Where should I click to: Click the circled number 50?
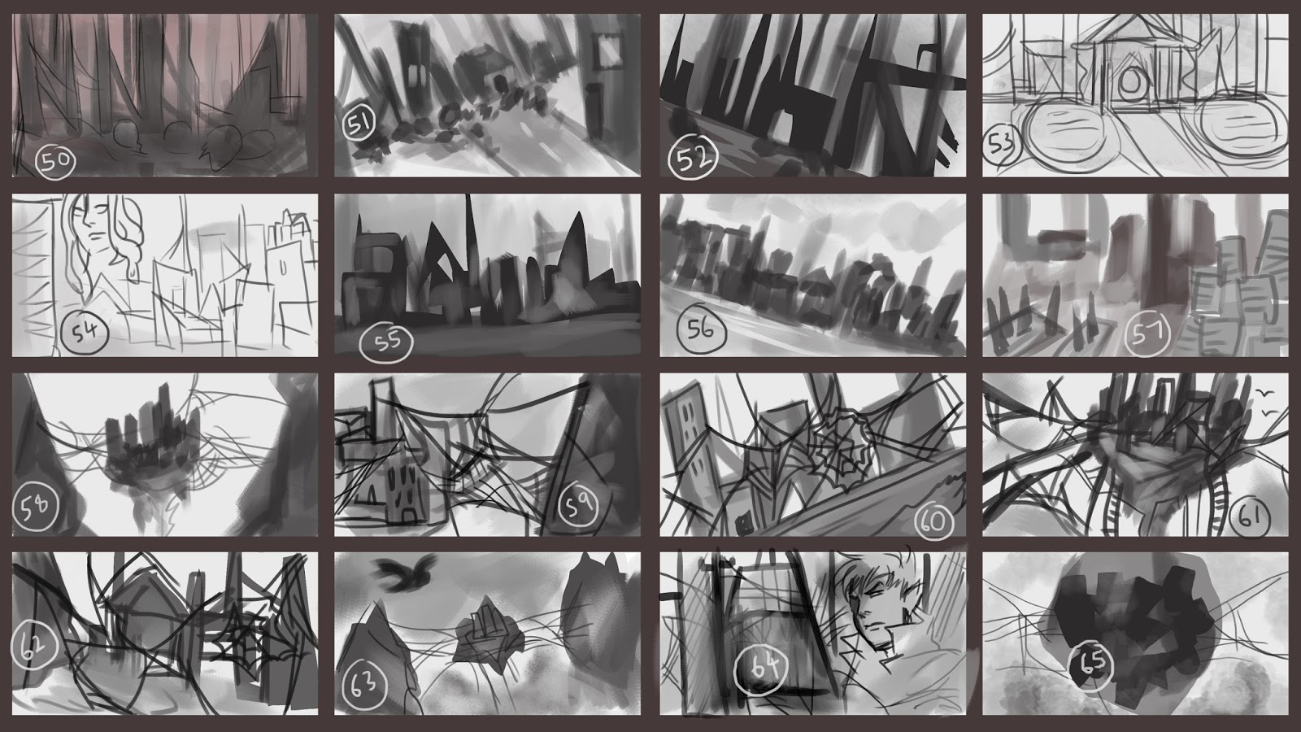(x=56, y=161)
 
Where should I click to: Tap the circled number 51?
(x=359, y=124)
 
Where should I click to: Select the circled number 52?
(x=693, y=158)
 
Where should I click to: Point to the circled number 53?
(x=1001, y=143)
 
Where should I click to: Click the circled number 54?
(x=85, y=333)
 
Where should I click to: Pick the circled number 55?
(x=386, y=342)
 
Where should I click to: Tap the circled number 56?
(x=701, y=329)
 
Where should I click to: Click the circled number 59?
(x=579, y=504)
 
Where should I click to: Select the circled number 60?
(x=933, y=521)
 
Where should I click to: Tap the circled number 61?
(x=1250, y=516)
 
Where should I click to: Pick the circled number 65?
(x=1090, y=664)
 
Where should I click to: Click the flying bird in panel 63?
(x=405, y=573)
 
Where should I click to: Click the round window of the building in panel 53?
(x=1130, y=83)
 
